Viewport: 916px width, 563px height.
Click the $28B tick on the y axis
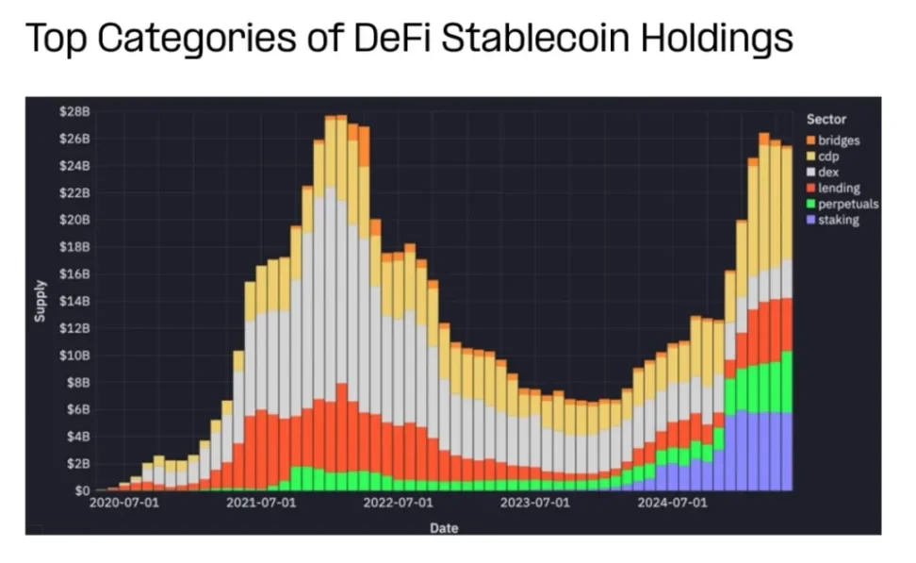pos(75,111)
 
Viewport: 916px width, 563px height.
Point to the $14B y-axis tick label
pos(75,301)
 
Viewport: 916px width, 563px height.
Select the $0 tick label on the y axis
pos(82,490)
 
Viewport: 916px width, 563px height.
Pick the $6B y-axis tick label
pos(78,409)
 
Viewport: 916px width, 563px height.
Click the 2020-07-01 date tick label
pos(125,504)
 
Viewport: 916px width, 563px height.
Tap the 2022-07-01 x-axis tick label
pos(398,504)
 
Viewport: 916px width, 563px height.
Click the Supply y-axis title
pos(40,301)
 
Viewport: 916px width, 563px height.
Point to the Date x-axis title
pos(444,528)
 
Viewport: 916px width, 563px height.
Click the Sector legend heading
pos(826,120)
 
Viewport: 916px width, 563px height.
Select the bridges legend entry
pos(838,141)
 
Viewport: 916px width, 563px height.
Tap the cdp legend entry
pos(828,157)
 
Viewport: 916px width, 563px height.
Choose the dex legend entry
pos(828,173)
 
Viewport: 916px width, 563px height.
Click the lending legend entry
pos(838,189)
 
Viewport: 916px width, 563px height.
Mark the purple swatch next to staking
pos(810,220)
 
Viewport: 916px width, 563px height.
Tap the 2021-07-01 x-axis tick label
pos(261,504)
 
